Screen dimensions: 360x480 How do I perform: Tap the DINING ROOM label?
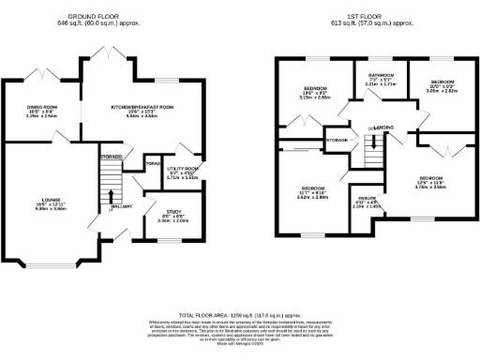click(41, 108)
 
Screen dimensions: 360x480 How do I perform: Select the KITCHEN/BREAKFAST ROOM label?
click(142, 108)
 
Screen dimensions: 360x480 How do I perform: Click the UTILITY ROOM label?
click(180, 169)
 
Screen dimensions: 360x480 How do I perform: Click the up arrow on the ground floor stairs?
click(112, 198)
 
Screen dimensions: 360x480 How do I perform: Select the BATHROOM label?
click(380, 74)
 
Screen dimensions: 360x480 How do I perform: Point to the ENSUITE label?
click(367, 197)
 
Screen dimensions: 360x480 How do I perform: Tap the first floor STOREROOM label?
click(336, 140)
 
